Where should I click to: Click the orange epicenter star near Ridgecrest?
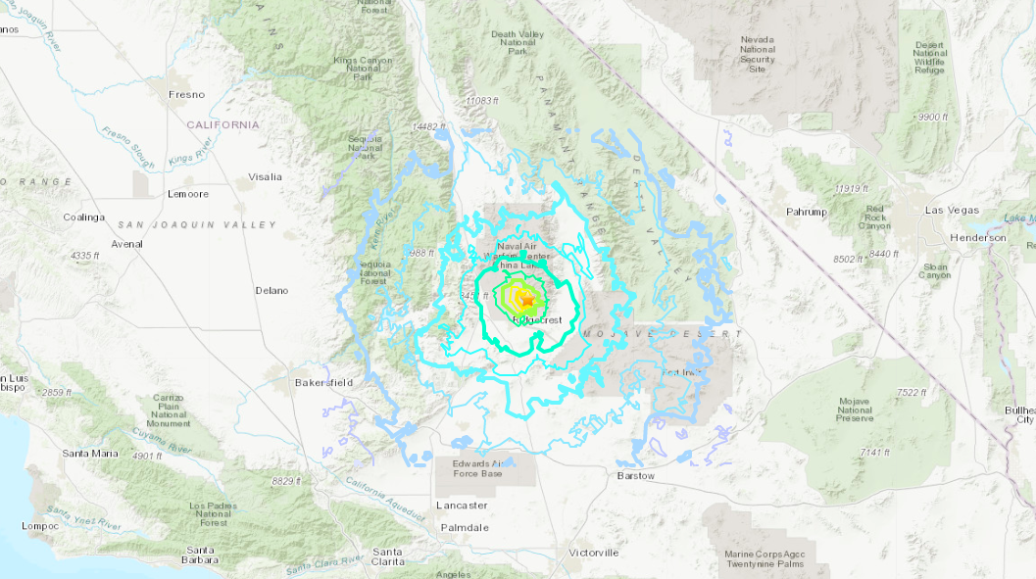point(526,298)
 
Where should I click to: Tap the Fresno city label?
point(186,95)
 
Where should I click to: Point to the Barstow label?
point(636,476)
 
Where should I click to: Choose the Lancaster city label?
point(462,506)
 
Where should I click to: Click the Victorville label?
point(593,553)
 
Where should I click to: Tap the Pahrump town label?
point(807,212)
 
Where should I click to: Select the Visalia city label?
point(265,177)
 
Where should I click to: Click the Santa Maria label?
point(89,454)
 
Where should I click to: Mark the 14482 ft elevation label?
point(429,127)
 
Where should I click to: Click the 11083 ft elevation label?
point(483,101)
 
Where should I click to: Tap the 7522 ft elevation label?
point(911,393)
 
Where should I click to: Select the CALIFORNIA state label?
point(223,125)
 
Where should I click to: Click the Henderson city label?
point(977,238)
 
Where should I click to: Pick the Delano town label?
point(271,291)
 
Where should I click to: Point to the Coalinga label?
point(83,217)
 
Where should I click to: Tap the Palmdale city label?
point(466,527)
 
